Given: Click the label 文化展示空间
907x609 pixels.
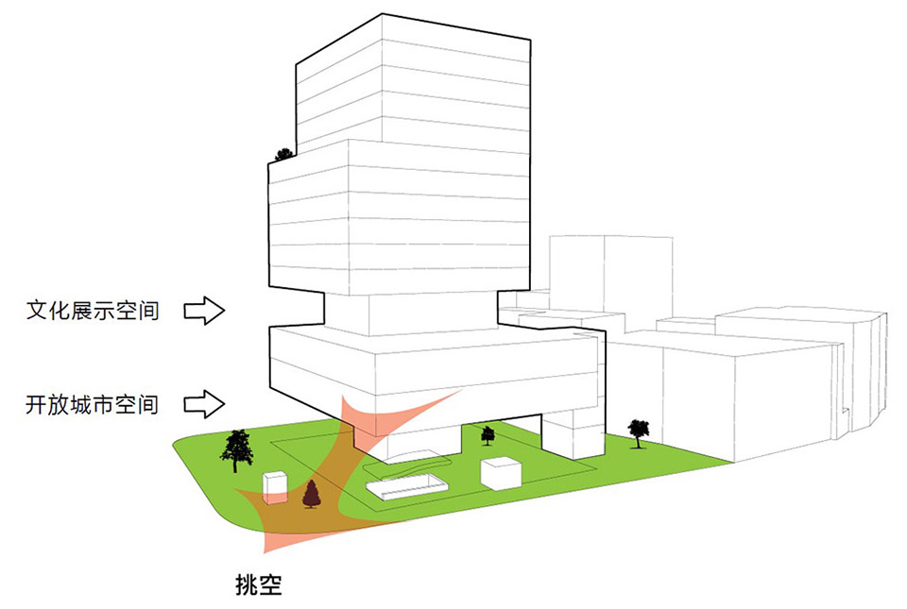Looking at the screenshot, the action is (93, 311).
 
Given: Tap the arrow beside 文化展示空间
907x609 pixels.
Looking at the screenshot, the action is (204, 311).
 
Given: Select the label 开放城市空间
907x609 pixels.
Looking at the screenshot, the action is (93, 404).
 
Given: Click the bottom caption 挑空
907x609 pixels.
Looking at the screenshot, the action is (259, 584).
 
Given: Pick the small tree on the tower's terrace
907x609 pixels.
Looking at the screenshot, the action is (283, 154).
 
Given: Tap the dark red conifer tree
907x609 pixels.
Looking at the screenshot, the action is (312, 494).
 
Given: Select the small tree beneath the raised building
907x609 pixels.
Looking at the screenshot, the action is (488, 435).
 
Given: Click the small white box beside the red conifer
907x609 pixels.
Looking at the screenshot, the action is (275, 487).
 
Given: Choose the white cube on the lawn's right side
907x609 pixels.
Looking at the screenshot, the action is (501, 473).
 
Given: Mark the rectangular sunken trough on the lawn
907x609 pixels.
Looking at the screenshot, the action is (407, 486).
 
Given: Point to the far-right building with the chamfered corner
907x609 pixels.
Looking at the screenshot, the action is (801, 370).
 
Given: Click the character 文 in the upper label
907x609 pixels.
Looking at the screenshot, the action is (37, 311).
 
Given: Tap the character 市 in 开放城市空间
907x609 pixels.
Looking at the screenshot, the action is (104, 404).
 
